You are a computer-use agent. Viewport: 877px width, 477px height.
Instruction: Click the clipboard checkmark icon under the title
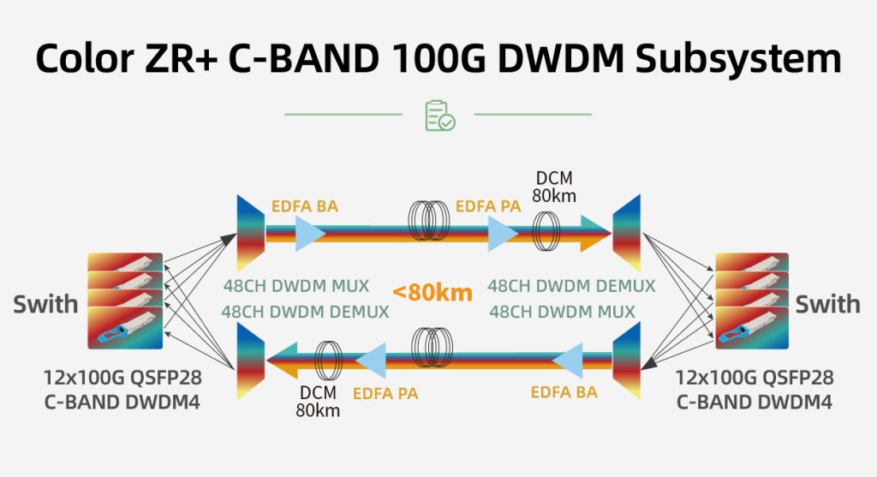(439, 116)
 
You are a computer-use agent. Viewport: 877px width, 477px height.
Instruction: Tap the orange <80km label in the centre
(433, 293)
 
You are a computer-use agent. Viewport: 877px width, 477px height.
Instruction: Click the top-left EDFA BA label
(304, 206)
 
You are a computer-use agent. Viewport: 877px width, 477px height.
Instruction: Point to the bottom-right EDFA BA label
(564, 393)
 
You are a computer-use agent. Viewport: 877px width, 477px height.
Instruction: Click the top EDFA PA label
(488, 206)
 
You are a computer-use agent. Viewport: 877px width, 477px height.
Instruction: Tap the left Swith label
(45, 303)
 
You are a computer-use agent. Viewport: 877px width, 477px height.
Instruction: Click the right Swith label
(827, 303)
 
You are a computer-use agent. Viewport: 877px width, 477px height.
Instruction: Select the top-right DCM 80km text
(555, 187)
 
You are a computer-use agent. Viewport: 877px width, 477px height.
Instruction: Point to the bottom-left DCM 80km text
(319, 402)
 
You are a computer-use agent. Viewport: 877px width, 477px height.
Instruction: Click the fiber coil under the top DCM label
(548, 232)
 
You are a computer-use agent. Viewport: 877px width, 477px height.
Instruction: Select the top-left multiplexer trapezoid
(250, 232)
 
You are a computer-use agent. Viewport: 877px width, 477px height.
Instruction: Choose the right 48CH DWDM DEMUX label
(571, 286)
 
